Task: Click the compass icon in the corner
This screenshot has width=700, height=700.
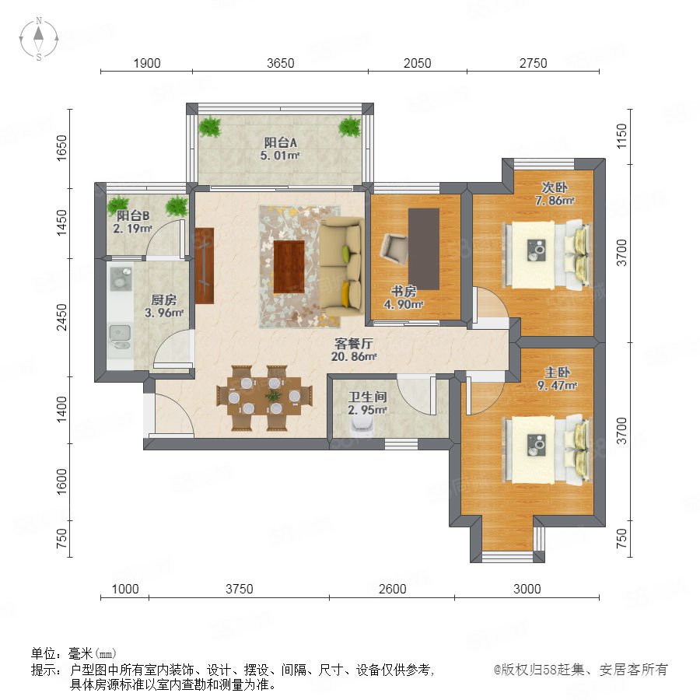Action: pos(39,39)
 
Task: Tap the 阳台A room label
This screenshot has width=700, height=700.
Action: pos(280,142)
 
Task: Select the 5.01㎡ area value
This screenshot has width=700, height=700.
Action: pos(280,156)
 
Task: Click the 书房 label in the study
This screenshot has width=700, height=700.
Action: pos(404,292)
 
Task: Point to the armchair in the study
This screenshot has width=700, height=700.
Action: pos(394,249)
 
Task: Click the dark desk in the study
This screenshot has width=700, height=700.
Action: pos(424,249)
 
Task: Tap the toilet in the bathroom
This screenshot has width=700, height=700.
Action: pos(361,429)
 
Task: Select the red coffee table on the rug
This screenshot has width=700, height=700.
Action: pos(289,267)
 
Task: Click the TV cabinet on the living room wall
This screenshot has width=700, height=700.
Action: pos(205,266)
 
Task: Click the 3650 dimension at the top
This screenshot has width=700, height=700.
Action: pos(280,64)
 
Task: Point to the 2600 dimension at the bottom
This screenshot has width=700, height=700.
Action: pos(393,589)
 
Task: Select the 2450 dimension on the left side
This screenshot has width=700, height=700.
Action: pos(61,317)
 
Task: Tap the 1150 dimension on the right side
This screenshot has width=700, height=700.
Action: pos(621,137)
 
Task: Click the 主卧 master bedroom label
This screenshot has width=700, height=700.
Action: pos(557,373)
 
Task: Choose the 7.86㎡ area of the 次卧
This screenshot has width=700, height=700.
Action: pos(555,201)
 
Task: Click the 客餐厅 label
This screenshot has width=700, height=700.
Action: pos(354,344)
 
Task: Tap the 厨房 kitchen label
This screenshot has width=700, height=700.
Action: pos(164,300)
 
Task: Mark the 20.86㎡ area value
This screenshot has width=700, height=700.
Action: pos(354,357)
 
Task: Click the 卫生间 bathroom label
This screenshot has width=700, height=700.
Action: pos(367,397)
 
